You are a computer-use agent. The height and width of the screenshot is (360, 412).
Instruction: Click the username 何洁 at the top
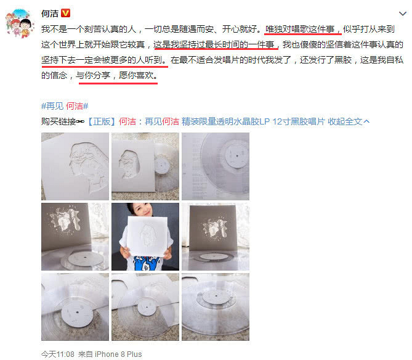(x=49, y=13)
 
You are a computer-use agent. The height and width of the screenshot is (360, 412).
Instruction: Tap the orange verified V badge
(x=66, y=13)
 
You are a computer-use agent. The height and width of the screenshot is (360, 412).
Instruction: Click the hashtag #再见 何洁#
(x=64, y=105)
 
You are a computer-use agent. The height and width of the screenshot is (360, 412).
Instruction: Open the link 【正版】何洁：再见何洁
(x=132, y=121)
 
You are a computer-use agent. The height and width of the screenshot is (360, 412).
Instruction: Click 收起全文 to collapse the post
(x=349, y=121)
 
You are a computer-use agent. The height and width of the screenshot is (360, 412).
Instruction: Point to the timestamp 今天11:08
(x=57, y=354)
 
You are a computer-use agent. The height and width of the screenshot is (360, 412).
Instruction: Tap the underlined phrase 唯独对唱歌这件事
(x=302, y=30)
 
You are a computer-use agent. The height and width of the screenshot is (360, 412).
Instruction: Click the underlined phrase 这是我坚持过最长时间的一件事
(x=215, y=45)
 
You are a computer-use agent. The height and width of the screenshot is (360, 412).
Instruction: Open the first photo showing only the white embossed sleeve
(x=75, y=166)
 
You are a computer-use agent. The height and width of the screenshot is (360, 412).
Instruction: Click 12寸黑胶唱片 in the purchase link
(x=300, y=121)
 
